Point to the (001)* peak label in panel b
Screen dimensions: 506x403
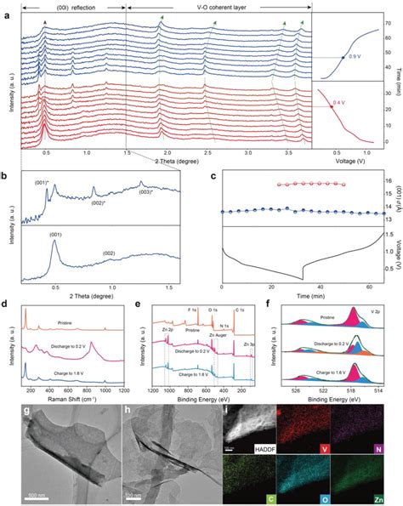(x=39, y=182)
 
